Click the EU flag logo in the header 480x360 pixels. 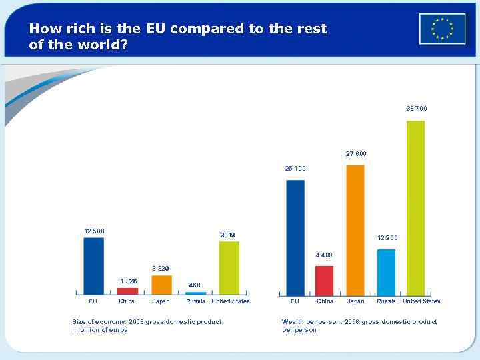(x=443, y=29)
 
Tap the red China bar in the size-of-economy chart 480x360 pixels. (x=127, y=291)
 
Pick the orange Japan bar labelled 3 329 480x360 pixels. (x=161, y=285)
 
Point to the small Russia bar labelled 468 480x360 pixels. (x=195, y=293)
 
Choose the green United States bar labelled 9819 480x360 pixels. (x=229, y=267)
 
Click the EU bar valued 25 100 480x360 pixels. (x=295, y=237)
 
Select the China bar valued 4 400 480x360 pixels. (x=324, y=280)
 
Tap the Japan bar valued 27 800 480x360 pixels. (x=355, y=230)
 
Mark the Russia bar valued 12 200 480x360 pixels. (x=386, y=272)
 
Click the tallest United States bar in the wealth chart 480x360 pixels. (x=415, y=208)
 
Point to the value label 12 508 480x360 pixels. (x=93, y=231)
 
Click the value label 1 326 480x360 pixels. (x=128, y=281)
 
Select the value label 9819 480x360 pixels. (x=227, y=235)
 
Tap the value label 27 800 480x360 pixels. (x=356, y=154)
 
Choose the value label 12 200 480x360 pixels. (x=387, y=238)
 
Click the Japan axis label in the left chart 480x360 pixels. (x=161, y=301)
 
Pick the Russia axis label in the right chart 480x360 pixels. (x=386, y=301)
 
